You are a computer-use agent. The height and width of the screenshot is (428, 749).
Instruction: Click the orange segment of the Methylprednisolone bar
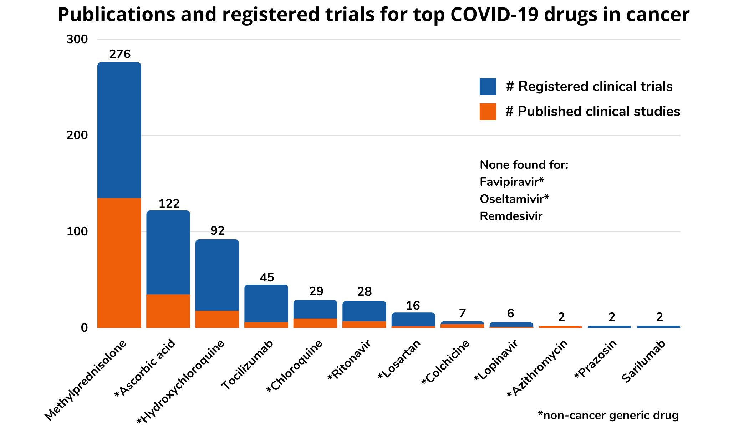[x=119, y=263]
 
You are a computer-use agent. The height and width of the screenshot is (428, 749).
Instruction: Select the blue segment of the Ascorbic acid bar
[x=168, y=252]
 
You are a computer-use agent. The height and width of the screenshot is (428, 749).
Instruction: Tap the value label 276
[x=120, y=54]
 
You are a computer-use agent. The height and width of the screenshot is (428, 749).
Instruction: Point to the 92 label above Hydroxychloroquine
[x=217, y=231]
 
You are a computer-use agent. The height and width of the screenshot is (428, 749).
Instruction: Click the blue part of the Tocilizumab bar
[x=266, y=303]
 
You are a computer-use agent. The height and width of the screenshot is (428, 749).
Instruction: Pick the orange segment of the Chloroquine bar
[x=315, y=323]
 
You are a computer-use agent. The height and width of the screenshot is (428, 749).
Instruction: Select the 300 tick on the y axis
[x=77, y=39]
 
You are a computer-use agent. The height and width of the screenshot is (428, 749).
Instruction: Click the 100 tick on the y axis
[x=77, y=231]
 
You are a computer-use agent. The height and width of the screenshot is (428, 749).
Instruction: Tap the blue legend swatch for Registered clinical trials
[x=488, y=87]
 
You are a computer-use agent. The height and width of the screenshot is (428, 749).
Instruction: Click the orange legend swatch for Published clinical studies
[x=488, y=112]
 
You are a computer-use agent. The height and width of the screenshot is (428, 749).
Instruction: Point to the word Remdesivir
[x=511, y=216]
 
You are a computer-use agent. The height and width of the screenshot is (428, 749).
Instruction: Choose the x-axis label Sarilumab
[x=643, y=362]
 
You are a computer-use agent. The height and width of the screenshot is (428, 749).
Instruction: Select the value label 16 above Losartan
[x=413, y=306]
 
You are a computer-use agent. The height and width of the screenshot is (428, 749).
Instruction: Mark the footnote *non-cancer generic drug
[x=608, y=415]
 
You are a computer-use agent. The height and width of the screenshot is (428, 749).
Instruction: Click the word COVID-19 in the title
[x=494, y=15]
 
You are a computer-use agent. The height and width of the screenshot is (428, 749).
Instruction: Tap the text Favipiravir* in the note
[x=511, y=182]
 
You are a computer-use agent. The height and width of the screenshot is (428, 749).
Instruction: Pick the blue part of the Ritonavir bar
[x=364, y=311]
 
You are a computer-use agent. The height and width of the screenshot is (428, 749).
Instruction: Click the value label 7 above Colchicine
[x=462, y=314]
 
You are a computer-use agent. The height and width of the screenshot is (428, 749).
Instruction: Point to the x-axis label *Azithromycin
[x=537, y=369]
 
